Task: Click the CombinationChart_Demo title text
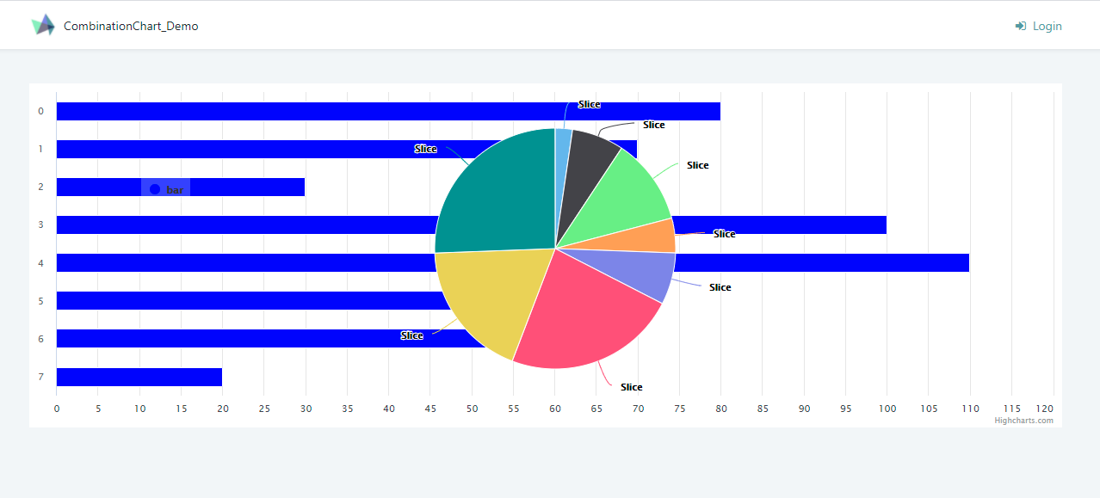[x=131, y=27]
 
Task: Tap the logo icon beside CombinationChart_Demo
[x=43, y=26]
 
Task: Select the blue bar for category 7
[x=139, y=377]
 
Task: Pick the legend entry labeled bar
[x=167, y=189]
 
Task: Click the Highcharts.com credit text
[x=1023, y=421]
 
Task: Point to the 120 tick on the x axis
[x=1045, y=409]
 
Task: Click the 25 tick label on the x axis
[x=264, y=409]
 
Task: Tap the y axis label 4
[x=40, y=262]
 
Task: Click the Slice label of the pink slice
[x=631, y=387]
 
